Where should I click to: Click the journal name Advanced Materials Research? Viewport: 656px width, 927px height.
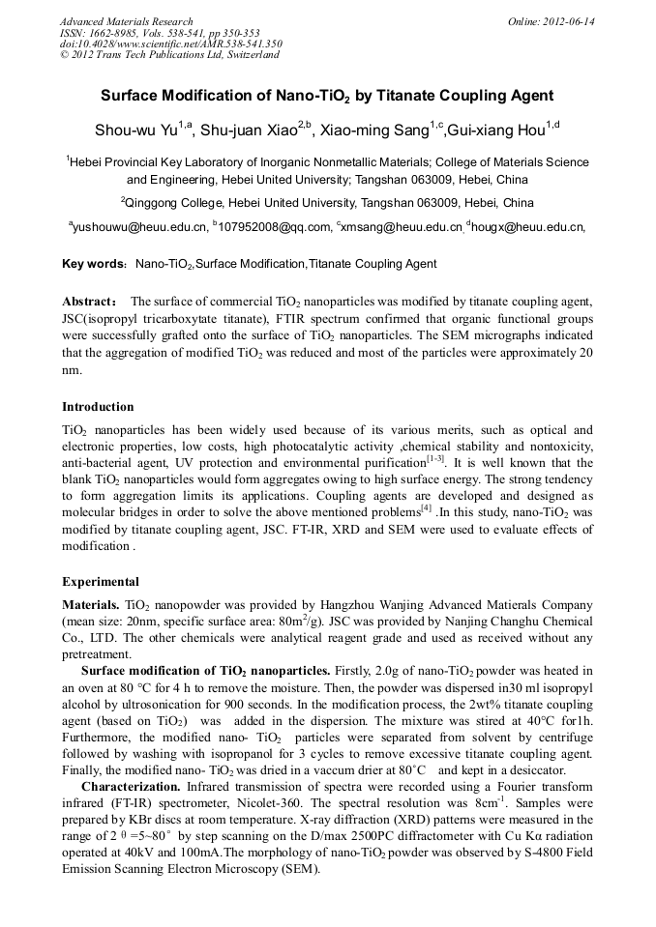tap(126, 21)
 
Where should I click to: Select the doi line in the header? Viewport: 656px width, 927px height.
tap(170, 43)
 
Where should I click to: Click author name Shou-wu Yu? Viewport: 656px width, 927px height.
tap(135, 130)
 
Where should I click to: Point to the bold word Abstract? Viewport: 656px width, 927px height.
tap(90, 302)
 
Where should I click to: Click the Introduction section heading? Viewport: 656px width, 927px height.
tap(98, 407)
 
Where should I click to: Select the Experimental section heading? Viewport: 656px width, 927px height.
tap(101, 582)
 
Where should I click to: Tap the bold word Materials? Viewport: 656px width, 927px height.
tap(91, 604)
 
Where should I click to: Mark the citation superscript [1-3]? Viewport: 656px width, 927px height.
tap(437, 459)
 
